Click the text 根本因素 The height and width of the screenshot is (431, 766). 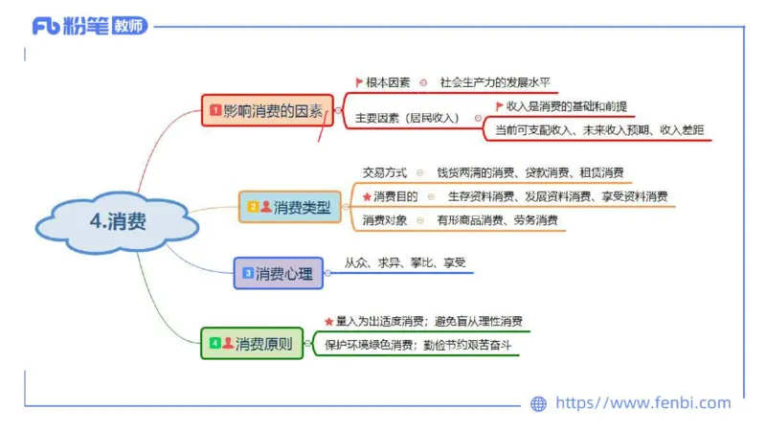(388, 82)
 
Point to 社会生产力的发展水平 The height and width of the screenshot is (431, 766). (495, 82)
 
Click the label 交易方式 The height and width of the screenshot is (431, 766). (385, 172)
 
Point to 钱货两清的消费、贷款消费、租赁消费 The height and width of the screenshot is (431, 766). (529, 172)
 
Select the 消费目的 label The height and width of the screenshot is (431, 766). (395, 196)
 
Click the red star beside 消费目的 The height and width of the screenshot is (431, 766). (367, 196)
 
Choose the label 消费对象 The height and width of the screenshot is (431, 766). (385, 220)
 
